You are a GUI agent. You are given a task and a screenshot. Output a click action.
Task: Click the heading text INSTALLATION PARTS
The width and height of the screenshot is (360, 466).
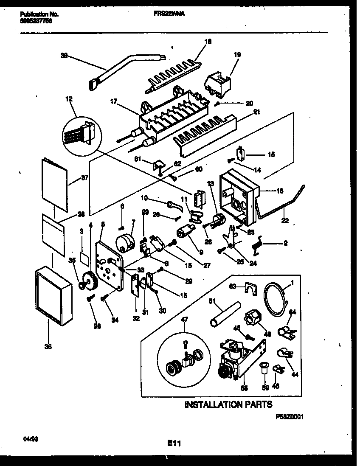coord(228,404)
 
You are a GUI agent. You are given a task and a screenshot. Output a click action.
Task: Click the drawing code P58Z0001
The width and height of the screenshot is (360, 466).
coord(290,418)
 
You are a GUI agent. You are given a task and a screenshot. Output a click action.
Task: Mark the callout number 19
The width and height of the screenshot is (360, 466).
coord(237,54)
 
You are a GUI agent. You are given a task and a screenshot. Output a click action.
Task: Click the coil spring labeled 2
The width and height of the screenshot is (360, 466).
coord(257,245)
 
